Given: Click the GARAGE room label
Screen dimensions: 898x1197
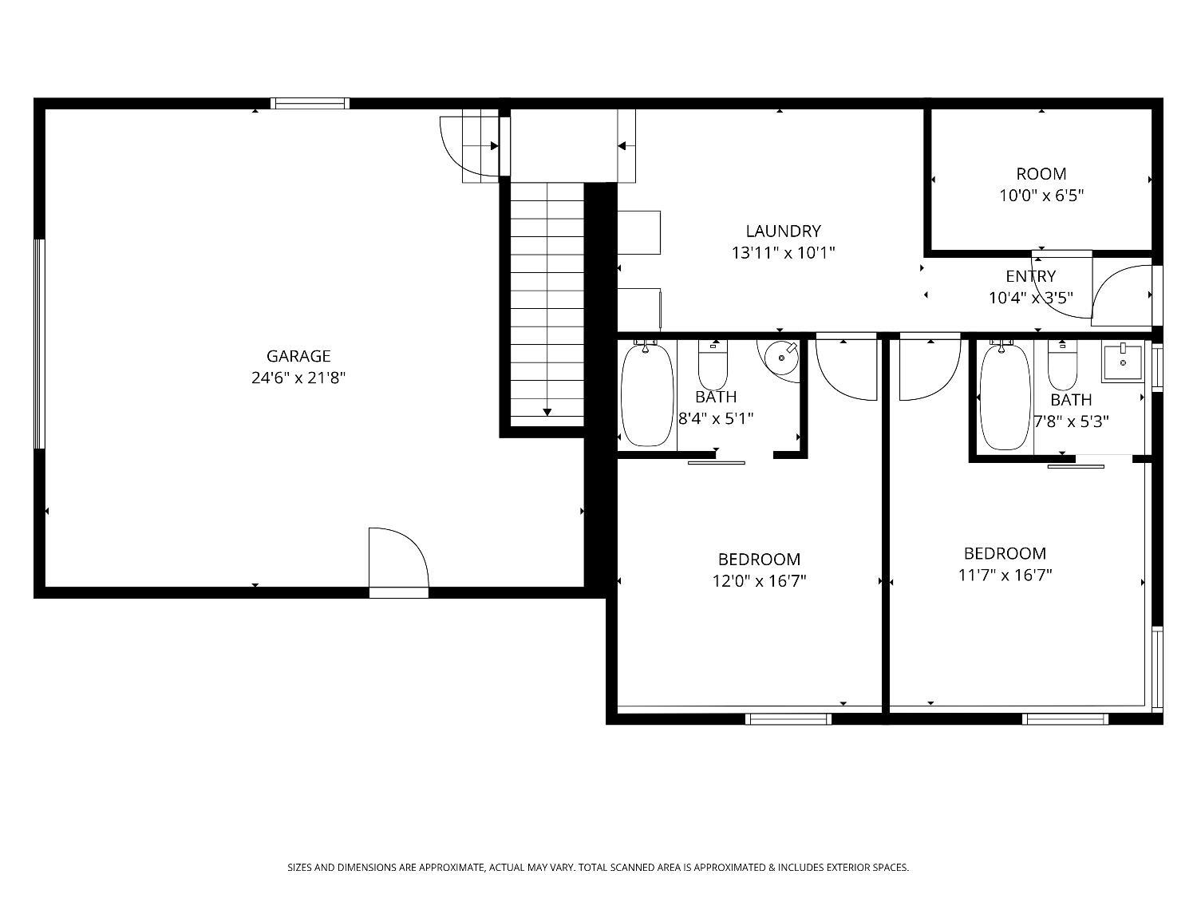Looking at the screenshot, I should click(298, 356).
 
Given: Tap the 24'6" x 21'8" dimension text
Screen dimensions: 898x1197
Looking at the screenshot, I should click(298, 378).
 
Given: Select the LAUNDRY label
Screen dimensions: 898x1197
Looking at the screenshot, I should click(783, 231).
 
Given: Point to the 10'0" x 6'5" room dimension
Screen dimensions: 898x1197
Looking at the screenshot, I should click(1041, 195).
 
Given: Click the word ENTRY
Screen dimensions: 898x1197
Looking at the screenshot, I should click(1030, 276).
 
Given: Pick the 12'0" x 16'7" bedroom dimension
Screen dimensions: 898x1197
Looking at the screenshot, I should click(759, 581).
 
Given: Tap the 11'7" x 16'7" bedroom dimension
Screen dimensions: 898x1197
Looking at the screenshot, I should click(1005, 575).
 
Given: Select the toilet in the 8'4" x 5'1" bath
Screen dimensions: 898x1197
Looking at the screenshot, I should click(713, 364).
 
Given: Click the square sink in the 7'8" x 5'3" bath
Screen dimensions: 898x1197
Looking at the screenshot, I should click(1124, 362).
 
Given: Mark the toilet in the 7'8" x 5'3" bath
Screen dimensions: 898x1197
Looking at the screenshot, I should click(1062, 366).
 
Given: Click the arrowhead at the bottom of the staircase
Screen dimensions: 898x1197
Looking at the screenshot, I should click(547, 412).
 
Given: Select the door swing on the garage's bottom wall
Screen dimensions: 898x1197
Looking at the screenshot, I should click(398, 559).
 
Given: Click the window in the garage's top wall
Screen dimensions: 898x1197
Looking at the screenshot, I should click(310, 103).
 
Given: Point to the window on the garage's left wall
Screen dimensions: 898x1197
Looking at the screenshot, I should click(38, 343).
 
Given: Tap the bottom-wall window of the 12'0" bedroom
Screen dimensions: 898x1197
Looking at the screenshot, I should click(788, 719).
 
